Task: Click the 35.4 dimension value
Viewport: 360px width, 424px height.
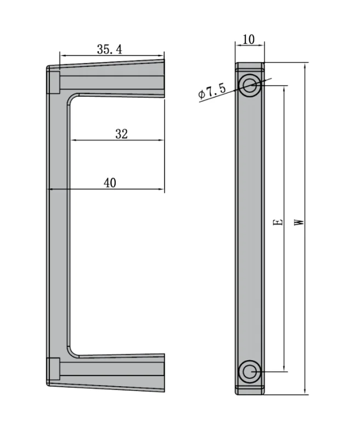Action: pyautogui.click(x=109, y=49)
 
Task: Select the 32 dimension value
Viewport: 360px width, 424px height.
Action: pyautogui.click(x=121, y=133)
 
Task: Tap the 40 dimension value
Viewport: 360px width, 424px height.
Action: pyautogui.click(x=110, y=183)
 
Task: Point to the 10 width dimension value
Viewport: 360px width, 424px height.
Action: pyautogui.click(x=248, y=40)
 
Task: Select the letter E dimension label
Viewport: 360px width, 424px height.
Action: pyautogui.click(x=278, y=222)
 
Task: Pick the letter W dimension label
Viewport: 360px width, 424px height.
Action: pyautogui.click(x=299, y=222)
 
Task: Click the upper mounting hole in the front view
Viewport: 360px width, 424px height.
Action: pyautogui.click(x=250, y=85)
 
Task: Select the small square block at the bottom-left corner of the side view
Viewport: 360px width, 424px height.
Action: pyautogui.click(x=53, y=369)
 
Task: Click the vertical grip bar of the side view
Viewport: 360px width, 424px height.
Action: pyautogui.click(x=58, y=225)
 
